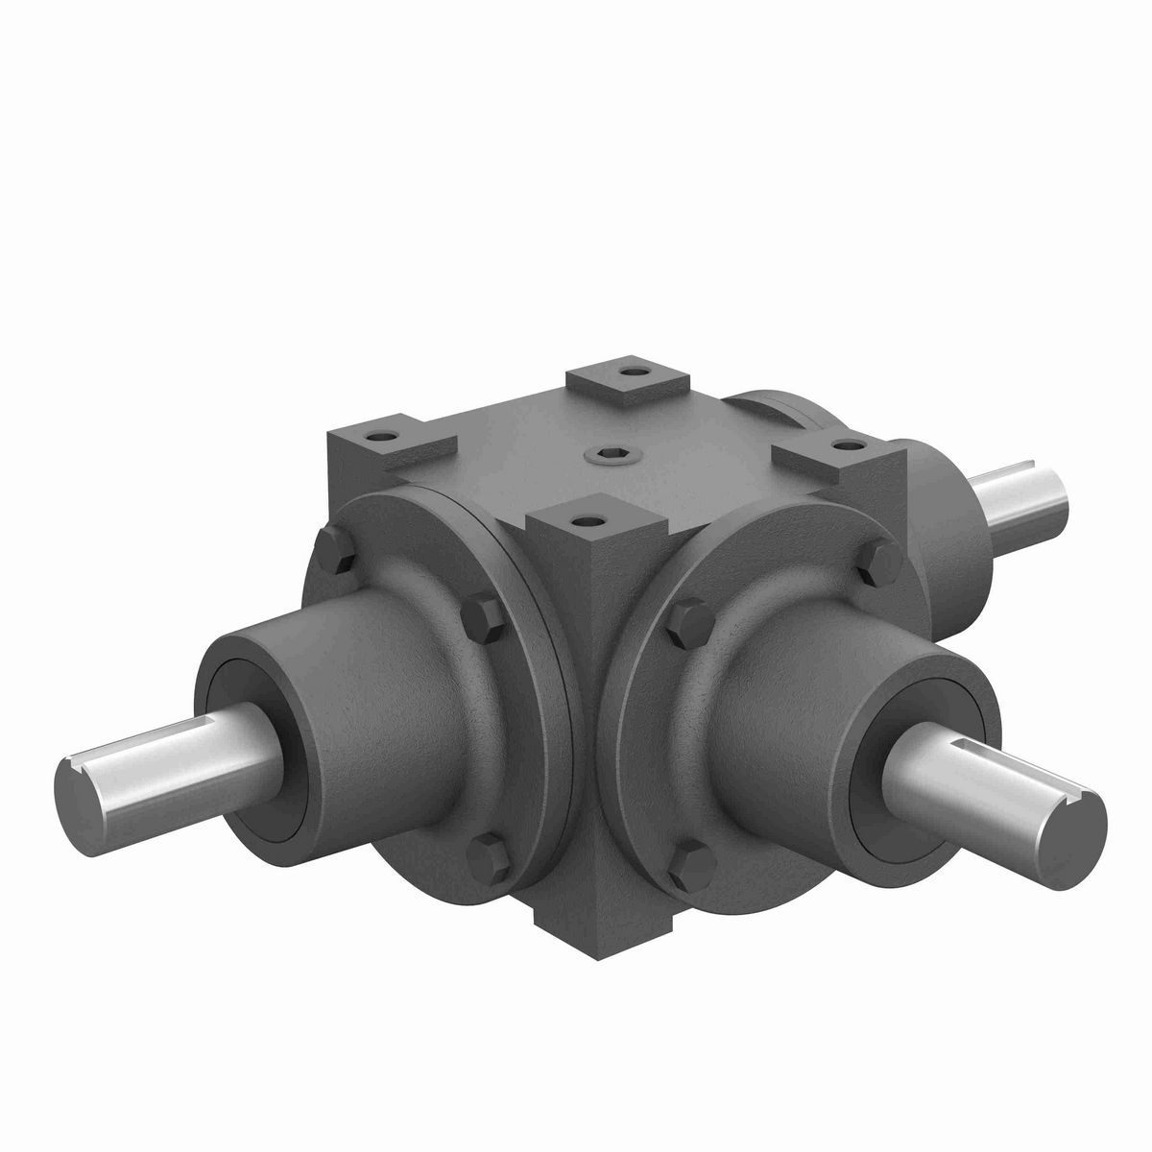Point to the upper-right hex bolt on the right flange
pyautogui.click(x=876, y=566)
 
